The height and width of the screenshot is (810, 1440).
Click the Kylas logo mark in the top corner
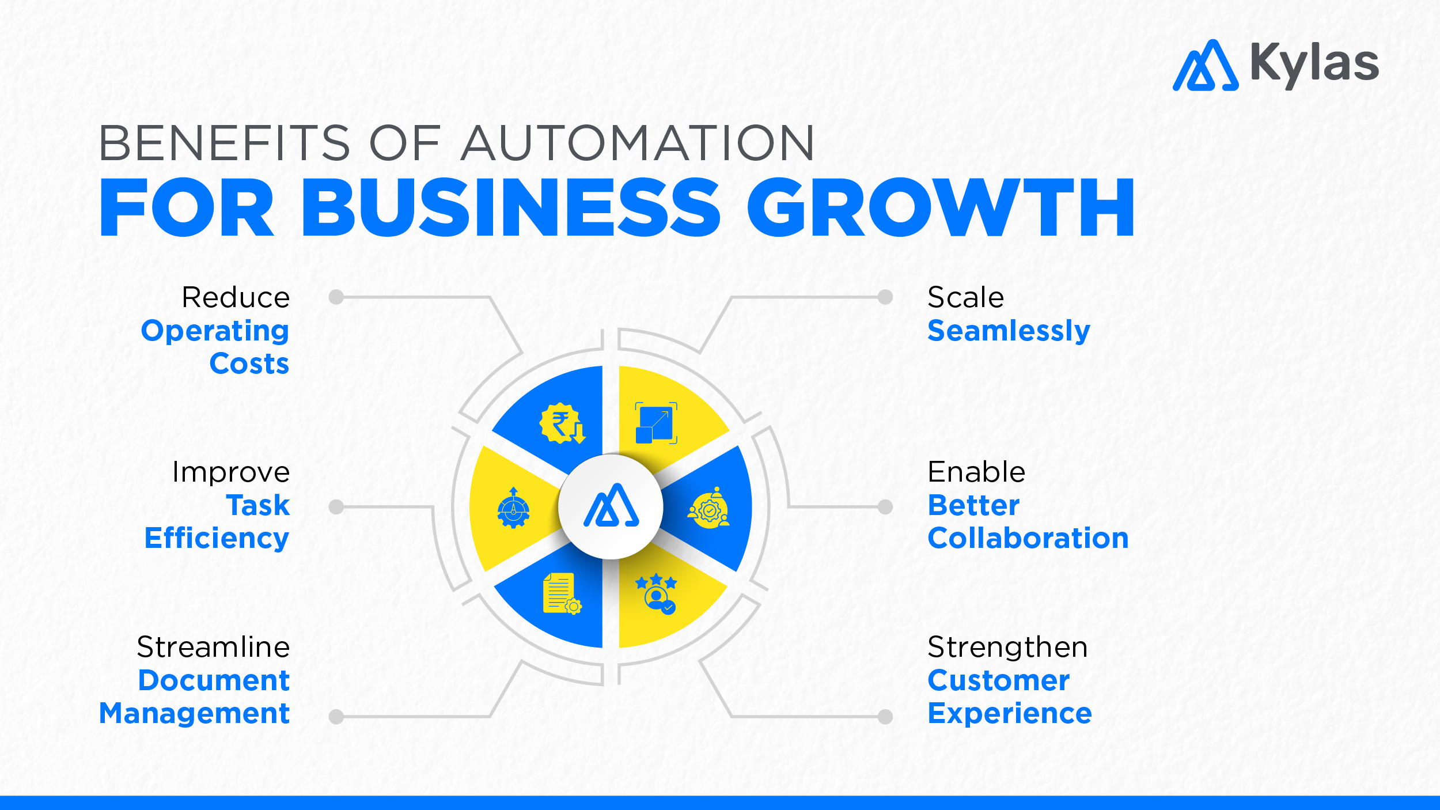(1205, 66)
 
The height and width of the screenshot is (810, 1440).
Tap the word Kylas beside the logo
(1314, 63)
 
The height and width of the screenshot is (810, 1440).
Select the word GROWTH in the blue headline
(941, 208)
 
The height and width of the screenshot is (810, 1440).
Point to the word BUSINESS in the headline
(510, 208)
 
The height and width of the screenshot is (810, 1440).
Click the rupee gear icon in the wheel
(562, 423)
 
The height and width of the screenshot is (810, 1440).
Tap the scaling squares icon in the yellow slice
(656, 423)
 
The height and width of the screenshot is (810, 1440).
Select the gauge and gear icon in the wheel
(513, 508)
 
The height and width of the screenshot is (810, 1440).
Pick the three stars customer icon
(657, 593)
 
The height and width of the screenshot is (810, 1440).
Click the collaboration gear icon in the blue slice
(709, 508)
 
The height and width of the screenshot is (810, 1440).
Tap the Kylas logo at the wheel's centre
(611, 506)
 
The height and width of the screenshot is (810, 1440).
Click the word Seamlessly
(1009, 331)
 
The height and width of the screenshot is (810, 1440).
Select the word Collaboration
(1028, 538)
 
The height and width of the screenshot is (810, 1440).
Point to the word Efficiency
(217, 538)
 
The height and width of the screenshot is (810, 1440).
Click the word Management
(195, 713)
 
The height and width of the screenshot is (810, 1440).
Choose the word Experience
(1009, 713)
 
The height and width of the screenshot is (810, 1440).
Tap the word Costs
(249, 364)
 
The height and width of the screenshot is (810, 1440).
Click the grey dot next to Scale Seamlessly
(885, 297)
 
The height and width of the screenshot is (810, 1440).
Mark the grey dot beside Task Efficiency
(336, 507)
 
